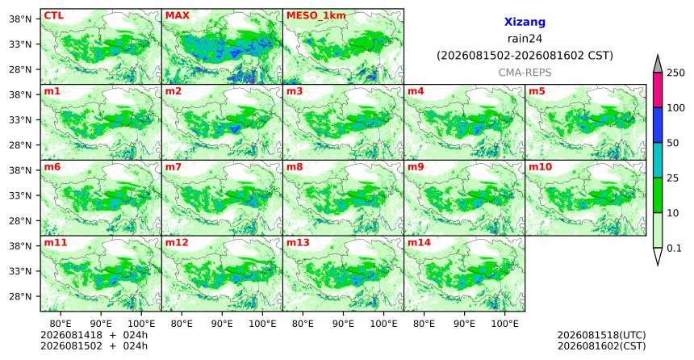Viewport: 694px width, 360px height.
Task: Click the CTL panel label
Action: point(53,16)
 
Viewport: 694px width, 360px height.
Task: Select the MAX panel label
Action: point(177,16)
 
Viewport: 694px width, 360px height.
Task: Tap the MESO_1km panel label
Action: point(316,16)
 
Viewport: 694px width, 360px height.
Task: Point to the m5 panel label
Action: point(537,92)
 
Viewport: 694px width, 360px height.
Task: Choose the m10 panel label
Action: point(540,167)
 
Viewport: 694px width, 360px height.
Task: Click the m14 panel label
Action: point(419,243)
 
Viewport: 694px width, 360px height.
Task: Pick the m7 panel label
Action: point(173,167)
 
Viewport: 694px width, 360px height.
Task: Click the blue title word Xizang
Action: point(525,22)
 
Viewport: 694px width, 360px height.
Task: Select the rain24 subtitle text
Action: point(525,39)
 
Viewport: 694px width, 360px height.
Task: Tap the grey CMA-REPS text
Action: point(525,73)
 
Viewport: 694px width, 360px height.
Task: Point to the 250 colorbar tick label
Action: point(675,73)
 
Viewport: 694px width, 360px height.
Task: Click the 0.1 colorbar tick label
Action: point(674,249)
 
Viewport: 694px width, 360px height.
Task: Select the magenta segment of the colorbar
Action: point(658,90)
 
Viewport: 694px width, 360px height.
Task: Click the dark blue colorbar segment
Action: point(658,125)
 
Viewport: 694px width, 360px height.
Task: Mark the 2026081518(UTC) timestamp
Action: point(601,335)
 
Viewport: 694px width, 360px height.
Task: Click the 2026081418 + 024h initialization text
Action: point(94,335)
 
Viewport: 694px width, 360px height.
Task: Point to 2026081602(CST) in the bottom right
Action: point(601,345)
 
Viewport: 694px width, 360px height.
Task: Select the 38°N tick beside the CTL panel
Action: point(20,19)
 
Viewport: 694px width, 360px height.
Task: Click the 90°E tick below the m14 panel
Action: point(464,324)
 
